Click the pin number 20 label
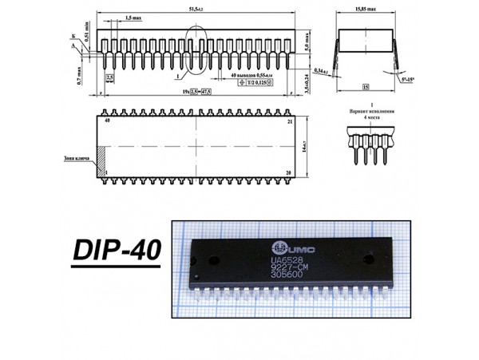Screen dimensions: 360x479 click(290, 172)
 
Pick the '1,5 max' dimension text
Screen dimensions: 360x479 click(133, 18)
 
